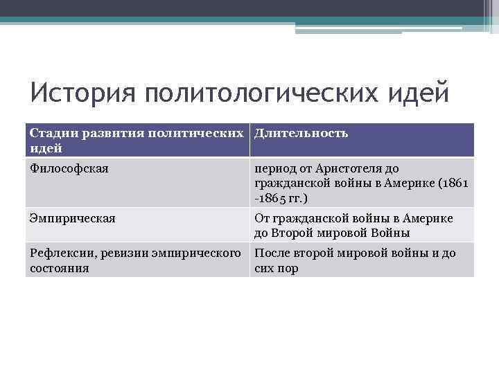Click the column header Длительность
[301, 133]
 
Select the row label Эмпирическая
[72, 218]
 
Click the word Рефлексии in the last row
[61, 253]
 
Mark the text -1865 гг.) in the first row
[277, 198]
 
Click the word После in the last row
[272, 253]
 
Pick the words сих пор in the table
[277, 268]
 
